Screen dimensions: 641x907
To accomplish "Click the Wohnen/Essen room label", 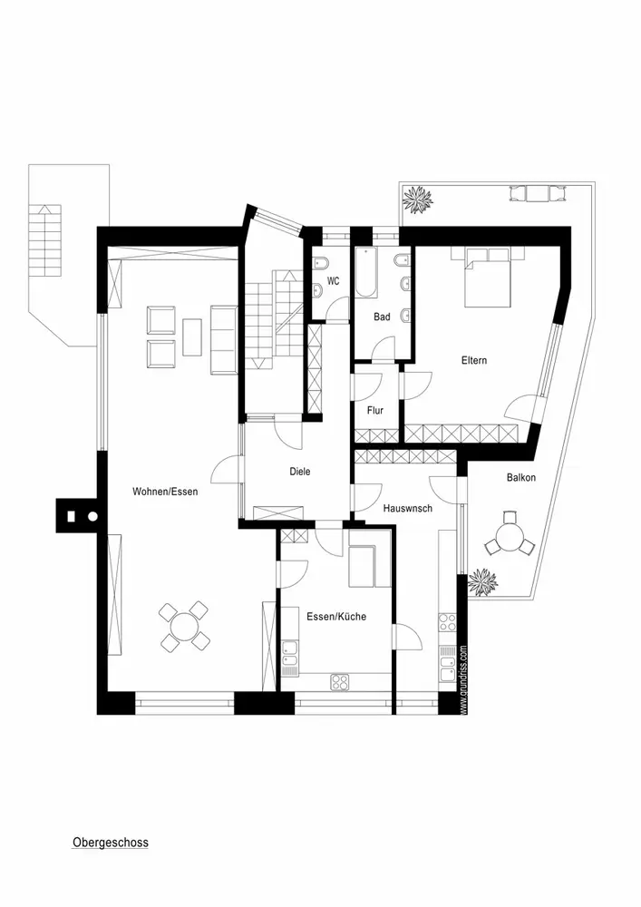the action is pyautogui.click(x=165, y=492).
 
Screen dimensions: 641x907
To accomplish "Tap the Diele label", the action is pyautogui.click(x=300, y=472).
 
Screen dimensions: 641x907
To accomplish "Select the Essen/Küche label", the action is pyautogui.click(x=336, y=617).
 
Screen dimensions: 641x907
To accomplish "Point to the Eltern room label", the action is pyautogui.click(x=473, y=360).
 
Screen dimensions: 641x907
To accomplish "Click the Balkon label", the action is pyautogui.click(x=521, y=477).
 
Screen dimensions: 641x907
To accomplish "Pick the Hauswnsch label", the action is pyautogui.click(x=407, y=509).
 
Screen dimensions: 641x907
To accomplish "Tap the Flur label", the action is pyautogui.click(x=375, y=411).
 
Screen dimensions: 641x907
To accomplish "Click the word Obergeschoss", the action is pyautogui.click(x=110, y=843).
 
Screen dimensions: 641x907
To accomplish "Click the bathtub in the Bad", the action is pyautogui.click(x=365, y=272).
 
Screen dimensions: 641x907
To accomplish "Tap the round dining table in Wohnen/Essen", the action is pyautogui.click(x=185, y=627).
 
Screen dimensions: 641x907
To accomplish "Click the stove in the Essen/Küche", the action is pyautogui.click(x=341, y=680).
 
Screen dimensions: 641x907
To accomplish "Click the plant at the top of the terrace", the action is pyautogui.click(x=418, y=200).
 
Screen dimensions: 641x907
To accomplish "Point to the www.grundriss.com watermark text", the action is pyautogui.click(x=462, y=680).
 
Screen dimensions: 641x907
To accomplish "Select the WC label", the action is pyautogui.click(x=334, y=281).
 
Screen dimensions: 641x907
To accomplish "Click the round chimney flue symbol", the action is pyautogui.click(x=92, y=517).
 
